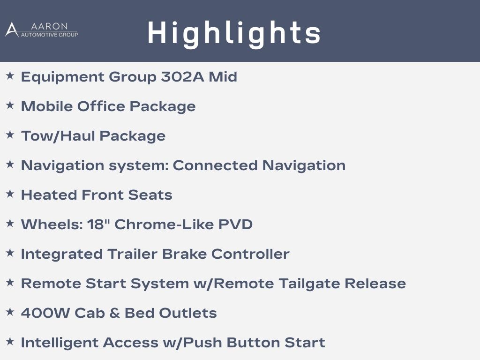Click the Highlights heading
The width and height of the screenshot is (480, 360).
tap(234, 34)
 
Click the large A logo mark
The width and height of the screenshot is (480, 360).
tap(12, 30)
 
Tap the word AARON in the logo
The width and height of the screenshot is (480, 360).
tap(49, 26)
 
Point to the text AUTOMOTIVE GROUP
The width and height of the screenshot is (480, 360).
tap(49, 35)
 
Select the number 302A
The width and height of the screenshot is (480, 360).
tap(183, 76)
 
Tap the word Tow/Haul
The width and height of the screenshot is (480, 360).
tap(58, 136)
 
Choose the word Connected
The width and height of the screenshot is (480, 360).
tap(215, 165)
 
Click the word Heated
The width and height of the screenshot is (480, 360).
tap(49, 195)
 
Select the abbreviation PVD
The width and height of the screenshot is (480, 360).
tap(235, 225)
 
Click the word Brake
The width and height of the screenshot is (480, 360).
tap(184, 254)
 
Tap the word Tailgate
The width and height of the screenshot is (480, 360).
tap(309, 284)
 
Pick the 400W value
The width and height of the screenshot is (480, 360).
tap(45, 313)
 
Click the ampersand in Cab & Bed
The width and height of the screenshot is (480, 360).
tap(114, 313)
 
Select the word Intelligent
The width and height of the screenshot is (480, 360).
tap(60, 343)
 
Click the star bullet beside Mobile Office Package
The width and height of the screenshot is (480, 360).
tap(10, 105)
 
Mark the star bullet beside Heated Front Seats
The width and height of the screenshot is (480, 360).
tap(10, 194)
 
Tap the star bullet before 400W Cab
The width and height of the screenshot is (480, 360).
tap(10, 312)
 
